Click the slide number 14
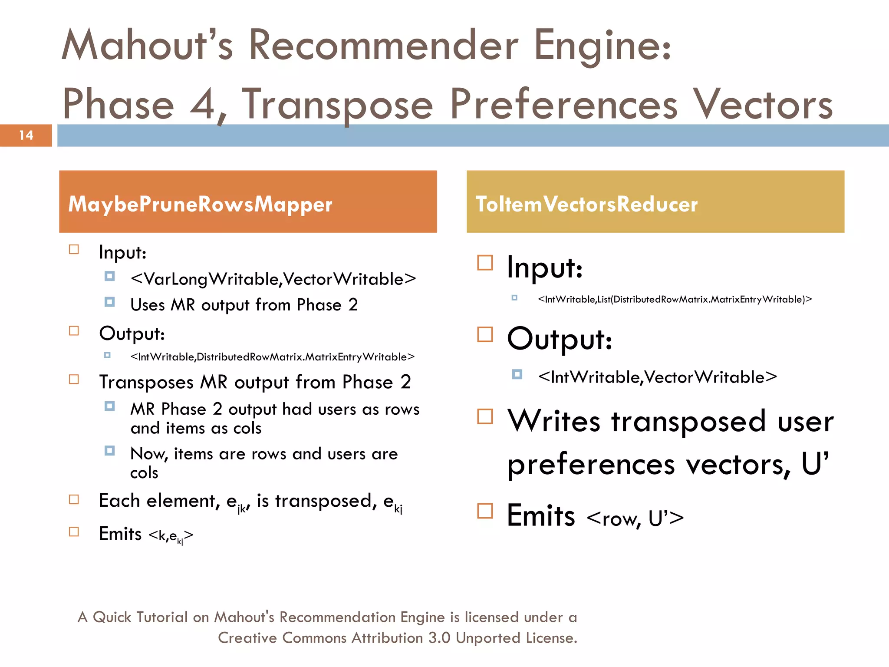click(x=26, y=135)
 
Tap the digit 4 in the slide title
click(x=202, y=104)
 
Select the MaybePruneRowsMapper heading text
click(x=200, y=204)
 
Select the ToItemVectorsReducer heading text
click(x=586, y=204)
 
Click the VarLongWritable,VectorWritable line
click(x=273, y=279)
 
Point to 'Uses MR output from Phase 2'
click(x=244, y=305)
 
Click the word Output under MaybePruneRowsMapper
click(x=132, y=333)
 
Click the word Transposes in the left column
click(x=146, y=382)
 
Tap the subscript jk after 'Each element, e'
click(x=241, y=509)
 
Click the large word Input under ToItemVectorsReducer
click(x=544, y=267)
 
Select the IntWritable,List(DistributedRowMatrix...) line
click(x=675, y=299)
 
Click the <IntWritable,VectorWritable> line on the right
click(x=657, y=377)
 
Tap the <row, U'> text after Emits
click(x=635, y=518)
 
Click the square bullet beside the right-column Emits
click(x=485, y=511)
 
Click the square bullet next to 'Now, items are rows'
click(x=109, y=451)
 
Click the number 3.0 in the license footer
click(x=439, y=638)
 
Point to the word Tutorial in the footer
click(x=161, y=617)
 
